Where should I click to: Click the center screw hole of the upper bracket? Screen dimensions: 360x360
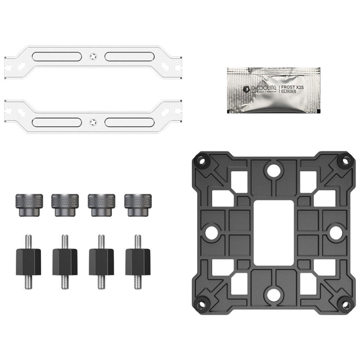(x=93, y=56)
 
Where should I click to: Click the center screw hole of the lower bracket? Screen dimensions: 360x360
(x=93, y=122)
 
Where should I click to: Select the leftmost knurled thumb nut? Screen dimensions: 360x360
(x=29, y=205)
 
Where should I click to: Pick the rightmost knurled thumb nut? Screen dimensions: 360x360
(x=137, y=205)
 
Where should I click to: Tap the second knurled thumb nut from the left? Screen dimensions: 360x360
(x=65, y=205)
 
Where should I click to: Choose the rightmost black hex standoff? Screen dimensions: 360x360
(x=137, y=262)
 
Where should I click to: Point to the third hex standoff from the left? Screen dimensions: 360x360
(x=101, y=262)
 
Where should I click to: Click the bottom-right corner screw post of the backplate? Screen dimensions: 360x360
(x=345, y=304)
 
